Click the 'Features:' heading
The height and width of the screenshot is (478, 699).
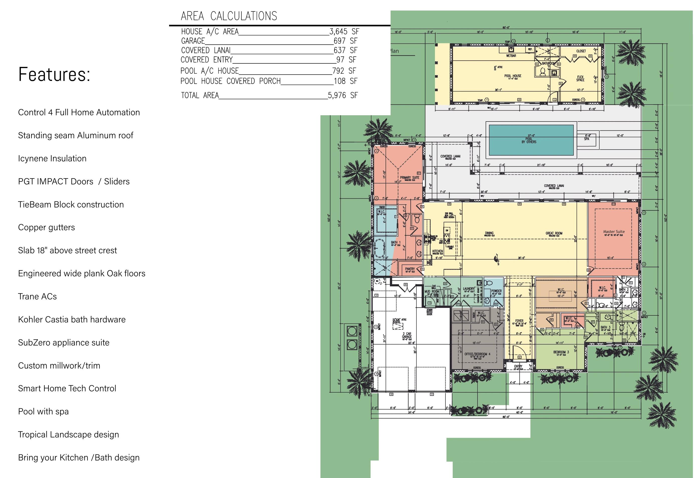click(54, 74)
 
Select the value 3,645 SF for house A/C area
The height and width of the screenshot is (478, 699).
click(344, 32)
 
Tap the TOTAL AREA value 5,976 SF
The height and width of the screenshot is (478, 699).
click(342, 95)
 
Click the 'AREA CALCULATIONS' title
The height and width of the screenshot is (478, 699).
click(228, 16)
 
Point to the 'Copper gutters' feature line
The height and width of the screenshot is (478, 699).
click(46, 227)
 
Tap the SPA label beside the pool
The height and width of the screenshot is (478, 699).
click(587, 139)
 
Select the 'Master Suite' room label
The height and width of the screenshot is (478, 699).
click(614, 232)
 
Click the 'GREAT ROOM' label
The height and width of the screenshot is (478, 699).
click(554, 233)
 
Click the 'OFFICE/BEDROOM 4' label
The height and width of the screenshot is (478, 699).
click(477, 354)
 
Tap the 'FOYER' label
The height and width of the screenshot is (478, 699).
click(519, 321)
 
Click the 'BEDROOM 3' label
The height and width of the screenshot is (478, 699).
click(561, 352)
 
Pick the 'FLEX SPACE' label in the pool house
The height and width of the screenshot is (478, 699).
click(580, 78)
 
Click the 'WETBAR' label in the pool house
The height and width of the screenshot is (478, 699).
click(511, 56)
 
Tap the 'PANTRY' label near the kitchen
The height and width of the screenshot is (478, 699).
click(410, 269)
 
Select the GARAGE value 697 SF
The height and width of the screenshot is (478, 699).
click(345, 41)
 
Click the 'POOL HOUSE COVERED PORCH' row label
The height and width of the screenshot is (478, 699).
click(230, 81)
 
